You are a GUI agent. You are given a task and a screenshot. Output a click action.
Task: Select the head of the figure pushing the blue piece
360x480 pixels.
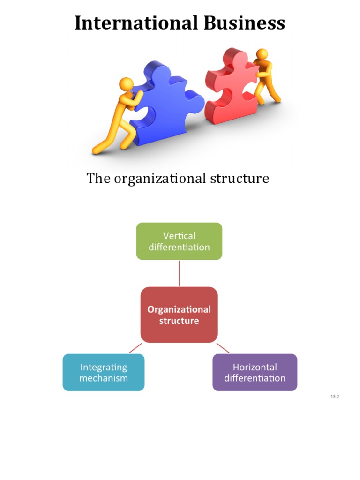coord(127,84)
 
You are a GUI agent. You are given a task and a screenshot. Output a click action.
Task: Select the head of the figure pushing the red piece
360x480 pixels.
coord(262,54)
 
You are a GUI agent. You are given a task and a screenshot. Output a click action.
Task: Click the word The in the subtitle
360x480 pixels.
coord(97,179)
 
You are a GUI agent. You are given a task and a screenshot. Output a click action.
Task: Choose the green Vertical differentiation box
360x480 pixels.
coord(179,241)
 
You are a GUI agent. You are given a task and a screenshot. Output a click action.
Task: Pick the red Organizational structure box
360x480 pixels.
coord(179,315)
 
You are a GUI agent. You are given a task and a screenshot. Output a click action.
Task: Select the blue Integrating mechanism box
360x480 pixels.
coord(104,372)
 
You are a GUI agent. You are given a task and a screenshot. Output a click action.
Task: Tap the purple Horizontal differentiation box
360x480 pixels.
coord(255,372)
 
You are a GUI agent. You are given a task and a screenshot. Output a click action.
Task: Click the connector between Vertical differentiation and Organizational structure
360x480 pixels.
coord(179,273)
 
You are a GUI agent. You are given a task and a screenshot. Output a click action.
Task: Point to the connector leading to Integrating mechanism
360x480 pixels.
coord(135,348)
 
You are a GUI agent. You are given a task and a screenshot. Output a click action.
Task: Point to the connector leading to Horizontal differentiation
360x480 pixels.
coord(223,348)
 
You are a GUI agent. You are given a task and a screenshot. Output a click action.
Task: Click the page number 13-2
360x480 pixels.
coord(335,397)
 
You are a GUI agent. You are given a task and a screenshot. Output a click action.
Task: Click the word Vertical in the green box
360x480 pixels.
coord(179,236)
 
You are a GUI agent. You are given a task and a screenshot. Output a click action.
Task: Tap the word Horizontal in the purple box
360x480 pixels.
coord(255,367)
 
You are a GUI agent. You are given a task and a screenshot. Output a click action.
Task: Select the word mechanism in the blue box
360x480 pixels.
coord(104,378)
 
